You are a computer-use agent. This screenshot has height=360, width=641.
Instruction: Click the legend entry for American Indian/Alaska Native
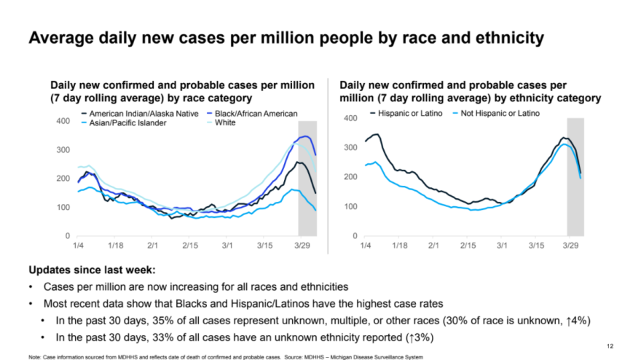139,114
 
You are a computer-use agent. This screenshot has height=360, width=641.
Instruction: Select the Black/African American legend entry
253,114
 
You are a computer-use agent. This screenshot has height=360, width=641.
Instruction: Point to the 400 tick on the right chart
349,118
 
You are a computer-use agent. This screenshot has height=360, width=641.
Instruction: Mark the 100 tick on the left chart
63,208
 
